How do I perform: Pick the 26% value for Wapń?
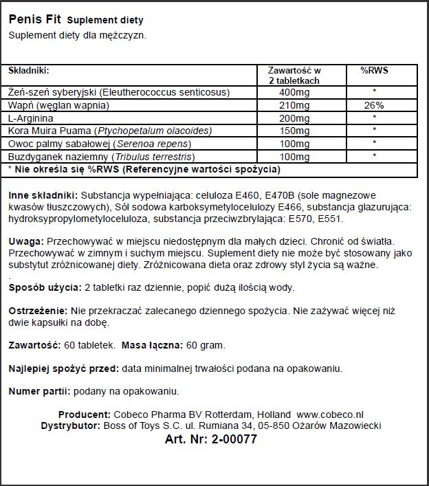pos(373,106)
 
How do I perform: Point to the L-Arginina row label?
pos(30,118)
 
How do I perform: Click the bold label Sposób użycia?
pos(41,287)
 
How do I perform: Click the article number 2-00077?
pos(234,440)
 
